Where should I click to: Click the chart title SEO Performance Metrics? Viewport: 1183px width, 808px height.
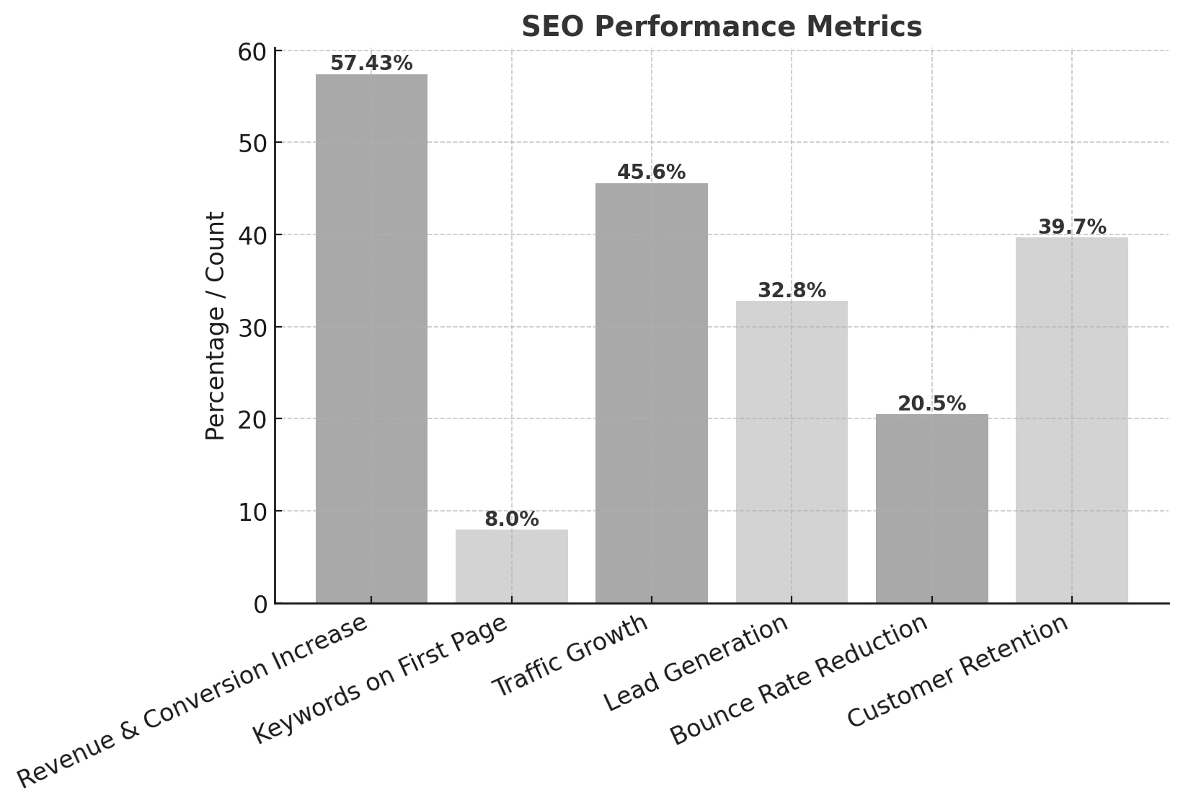coord(721,27)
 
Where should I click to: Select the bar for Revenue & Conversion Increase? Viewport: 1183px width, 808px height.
coord(371,339)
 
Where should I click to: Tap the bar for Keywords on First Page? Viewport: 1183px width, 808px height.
coord(511,566)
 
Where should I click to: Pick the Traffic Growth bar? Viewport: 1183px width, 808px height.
coord(651,393)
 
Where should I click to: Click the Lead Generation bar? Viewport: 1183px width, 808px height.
coord(792,452)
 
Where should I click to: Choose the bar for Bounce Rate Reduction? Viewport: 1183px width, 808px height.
coord(931,509)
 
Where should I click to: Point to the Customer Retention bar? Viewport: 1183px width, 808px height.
coord(1071,421)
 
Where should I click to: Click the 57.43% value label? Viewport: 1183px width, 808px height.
coord(371,63)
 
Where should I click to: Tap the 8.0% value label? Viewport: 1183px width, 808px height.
coord(511,519)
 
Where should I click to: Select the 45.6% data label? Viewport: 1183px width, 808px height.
coord(651,172)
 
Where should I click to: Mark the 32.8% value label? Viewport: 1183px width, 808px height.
coord(792,291)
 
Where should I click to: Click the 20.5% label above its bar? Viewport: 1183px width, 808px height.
coord(931,404)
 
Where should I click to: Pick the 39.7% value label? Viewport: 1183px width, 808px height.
coord(1071,227)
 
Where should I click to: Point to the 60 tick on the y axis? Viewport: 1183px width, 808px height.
coord(252,52)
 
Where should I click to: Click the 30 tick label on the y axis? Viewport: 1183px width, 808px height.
coord(252,328)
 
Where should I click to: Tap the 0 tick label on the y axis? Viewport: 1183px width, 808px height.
coord(260,605)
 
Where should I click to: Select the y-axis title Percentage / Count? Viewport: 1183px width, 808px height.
coord(216,326)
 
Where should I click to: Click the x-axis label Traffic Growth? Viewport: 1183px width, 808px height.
coord(571,656)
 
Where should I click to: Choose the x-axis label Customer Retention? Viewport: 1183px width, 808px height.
coord(957,671)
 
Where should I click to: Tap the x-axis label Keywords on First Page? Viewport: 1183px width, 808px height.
coord(381,680)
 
